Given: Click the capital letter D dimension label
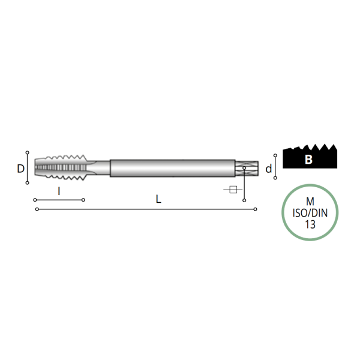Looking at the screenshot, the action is click(x=20, y=169).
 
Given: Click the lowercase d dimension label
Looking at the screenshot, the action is click(x=269, y=169).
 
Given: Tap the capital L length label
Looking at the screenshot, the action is click(x=158, y=199).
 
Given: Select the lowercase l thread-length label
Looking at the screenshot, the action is click(x=59, y=191).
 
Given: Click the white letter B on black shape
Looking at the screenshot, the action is click(x=308, y=159).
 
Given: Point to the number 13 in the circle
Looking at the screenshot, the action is click(x=310, y=224).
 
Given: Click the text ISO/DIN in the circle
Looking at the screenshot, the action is click(x=310, y=213).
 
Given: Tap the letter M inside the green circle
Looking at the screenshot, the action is click(x=310, y=202).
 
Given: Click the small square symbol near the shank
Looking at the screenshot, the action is click(x=233, y=190).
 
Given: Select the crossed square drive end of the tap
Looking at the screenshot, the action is click(x=247, y=168).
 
